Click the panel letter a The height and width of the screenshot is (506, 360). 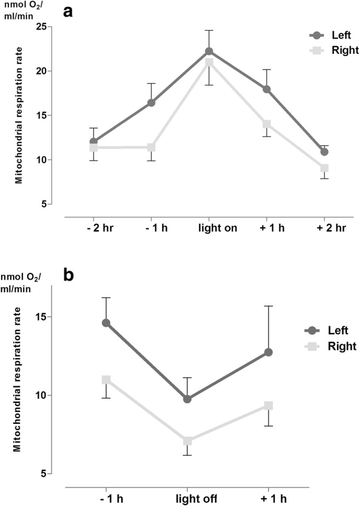(x=69, y=11)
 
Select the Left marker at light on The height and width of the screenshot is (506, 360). (x=208, y=51)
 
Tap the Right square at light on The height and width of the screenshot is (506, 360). (x=208, y=62)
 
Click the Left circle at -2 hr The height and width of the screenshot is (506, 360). (x=93, y=141)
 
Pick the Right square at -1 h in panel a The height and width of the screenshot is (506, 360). (x=151, y=147)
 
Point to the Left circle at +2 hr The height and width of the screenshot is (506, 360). (x=324, y=151)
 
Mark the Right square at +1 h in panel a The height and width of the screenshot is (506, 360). (x=267, y=124)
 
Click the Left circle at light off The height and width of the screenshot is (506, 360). (x=187, y=399)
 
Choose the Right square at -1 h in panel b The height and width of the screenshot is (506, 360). (x=106, y=379)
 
